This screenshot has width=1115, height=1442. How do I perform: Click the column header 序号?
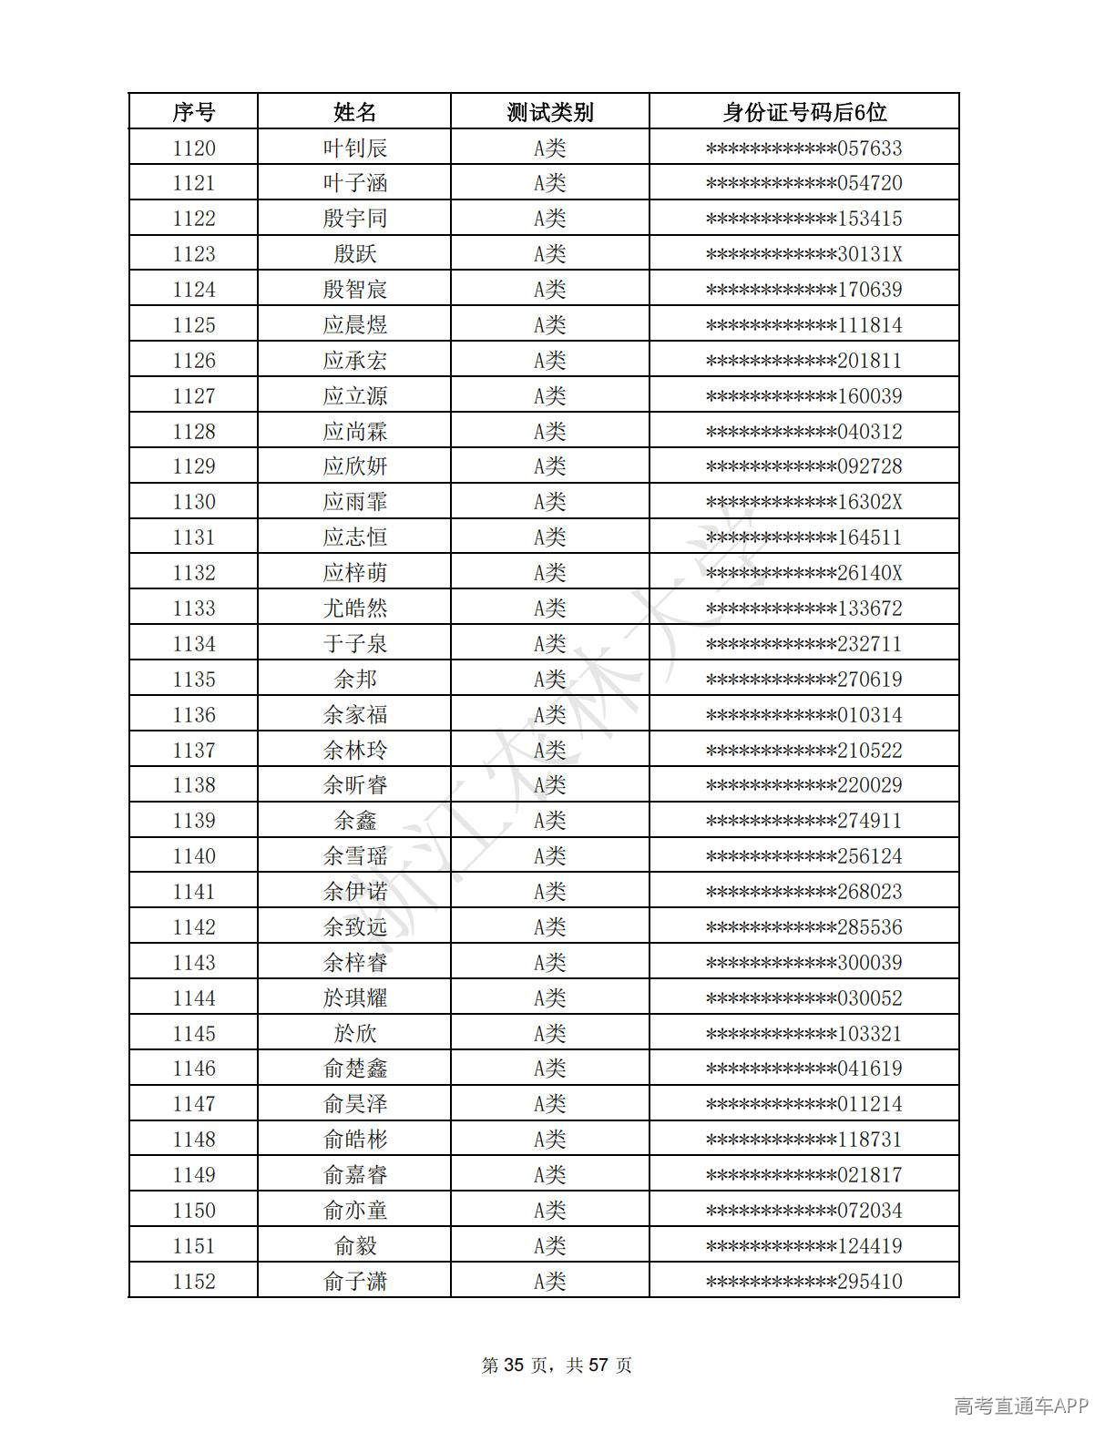[x=193, y=112]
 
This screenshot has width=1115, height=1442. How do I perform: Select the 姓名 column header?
[x=354, y=112]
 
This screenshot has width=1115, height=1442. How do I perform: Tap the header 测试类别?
[x=549, y=112]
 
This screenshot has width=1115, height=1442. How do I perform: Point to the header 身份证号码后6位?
[x=803, y=112]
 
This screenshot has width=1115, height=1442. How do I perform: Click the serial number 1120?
[x=193, y=148]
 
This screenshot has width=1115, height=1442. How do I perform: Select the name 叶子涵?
[x=354, y=183]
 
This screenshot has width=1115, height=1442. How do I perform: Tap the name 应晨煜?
[x=354, y=325]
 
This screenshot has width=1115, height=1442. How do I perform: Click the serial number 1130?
[x=193, y=502]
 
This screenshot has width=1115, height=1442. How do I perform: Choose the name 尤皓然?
[x=354, y=609]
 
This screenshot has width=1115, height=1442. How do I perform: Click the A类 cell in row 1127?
[x=549, y=396]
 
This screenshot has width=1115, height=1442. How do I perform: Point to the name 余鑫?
[x=354, y=821]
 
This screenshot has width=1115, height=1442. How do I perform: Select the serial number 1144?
[x=193, y=998]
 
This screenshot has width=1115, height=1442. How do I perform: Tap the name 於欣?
[x=354, y=1034]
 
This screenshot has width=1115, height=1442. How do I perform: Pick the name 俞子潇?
[x=354, y=1282]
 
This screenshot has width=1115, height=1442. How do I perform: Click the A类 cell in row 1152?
[x=549, y=1282]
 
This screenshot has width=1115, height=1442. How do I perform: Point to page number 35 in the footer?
[x=515, y=1365]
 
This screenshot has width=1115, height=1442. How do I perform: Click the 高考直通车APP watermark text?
[x=1020, y=1406]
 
